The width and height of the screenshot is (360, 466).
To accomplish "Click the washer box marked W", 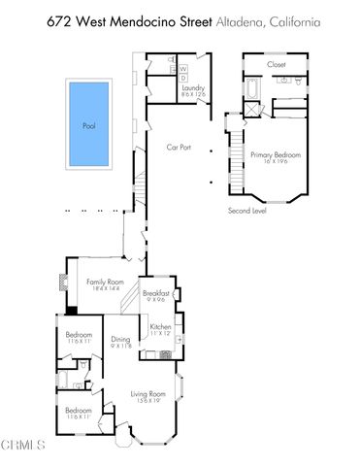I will (182, 69).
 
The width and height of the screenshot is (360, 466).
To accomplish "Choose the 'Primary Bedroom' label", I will (276, 156).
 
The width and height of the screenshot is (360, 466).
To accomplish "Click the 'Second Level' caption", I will (247, 210).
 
